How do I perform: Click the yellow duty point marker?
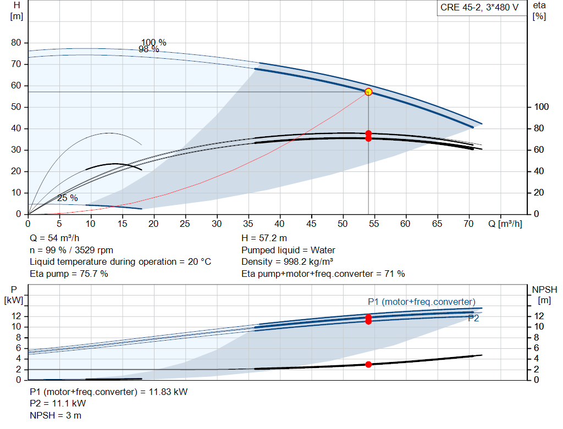pos(368,92)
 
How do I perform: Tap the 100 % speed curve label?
pos(154,43)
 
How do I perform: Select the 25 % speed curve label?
pos(68,198)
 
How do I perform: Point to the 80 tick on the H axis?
pos(16,43)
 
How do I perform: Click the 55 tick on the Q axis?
pos(374,224)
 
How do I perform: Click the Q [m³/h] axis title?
pos(505,224)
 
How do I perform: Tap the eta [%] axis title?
pos(539,11)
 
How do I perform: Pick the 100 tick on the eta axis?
pos(541,107)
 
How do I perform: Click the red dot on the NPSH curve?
pos(368,364)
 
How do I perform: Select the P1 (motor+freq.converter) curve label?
pos(422,302)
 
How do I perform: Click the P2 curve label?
pos(473,318)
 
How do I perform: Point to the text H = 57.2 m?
pos(264,238)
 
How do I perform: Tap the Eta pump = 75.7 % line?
pos(69,274)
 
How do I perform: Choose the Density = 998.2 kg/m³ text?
pos(287,262)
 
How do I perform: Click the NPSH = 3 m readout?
pos(56,415)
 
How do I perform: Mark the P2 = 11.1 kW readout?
pos(58,404)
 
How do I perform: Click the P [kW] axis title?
pos(14,295)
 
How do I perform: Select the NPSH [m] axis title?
pos(544,295)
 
